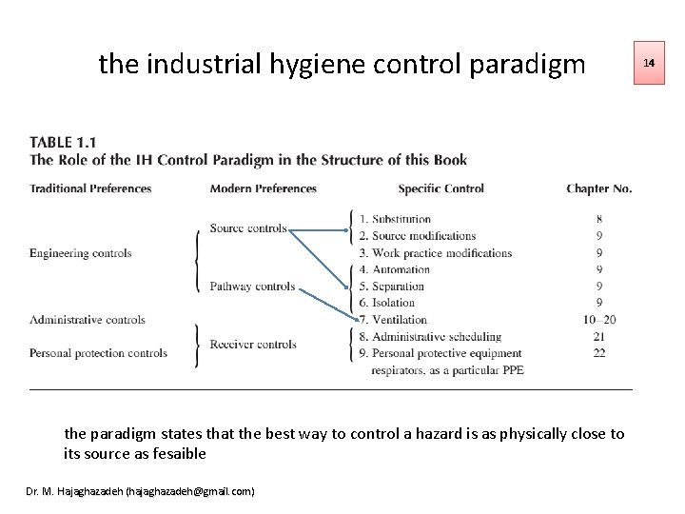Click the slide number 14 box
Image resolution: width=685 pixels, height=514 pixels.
pos(650,63)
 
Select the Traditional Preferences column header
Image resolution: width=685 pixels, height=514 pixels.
pos(90,188)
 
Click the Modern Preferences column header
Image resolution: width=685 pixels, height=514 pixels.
pos(264,188)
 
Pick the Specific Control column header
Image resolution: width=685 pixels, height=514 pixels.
pos(441,188)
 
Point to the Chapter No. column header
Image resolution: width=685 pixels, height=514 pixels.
pos(598,188)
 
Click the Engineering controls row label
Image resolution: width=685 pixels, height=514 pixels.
pos(81,253)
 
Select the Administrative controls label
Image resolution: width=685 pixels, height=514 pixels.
pos(88,320)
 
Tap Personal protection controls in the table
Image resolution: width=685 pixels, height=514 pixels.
pos(98,353)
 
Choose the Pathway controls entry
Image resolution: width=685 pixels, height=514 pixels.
pos(252,286)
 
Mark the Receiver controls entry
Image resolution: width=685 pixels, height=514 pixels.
pos(253,345)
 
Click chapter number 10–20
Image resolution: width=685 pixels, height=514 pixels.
pos(598,320)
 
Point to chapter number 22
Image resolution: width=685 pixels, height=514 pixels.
pos(598,353)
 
